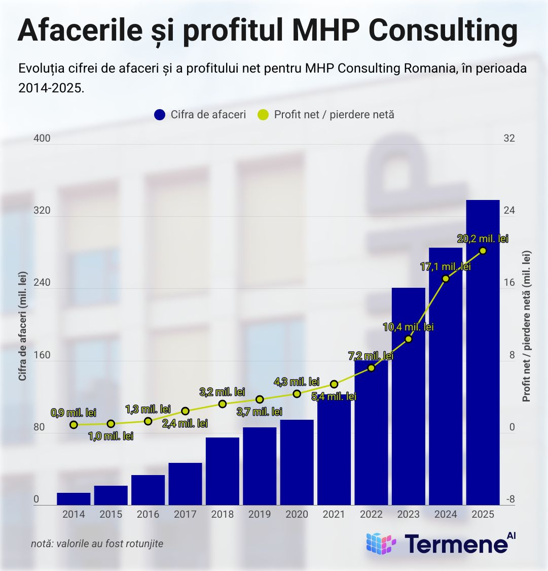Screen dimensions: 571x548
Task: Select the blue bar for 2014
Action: pos(74,499)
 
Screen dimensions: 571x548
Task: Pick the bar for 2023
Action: pos(409,396)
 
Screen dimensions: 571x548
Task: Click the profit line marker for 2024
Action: pos(446,278)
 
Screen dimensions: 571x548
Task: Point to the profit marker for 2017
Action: pos(185,411)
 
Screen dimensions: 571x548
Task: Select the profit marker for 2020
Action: pos(297,393)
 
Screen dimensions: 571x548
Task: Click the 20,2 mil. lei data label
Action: pos(482,239)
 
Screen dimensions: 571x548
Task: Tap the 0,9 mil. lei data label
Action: pos(74,413)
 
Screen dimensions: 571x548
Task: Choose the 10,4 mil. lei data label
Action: pos(408,327)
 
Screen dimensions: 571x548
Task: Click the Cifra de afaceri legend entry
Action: pos(201,115)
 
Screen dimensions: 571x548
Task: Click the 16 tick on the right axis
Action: pos(508,283)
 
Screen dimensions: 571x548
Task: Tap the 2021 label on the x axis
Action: pos(334,514)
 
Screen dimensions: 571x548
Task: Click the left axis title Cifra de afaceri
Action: pos(22,325)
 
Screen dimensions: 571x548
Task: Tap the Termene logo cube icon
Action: pos(381,544)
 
